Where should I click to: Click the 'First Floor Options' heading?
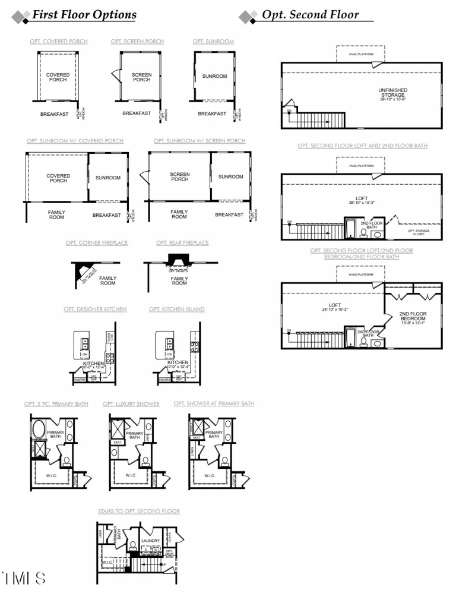coord(84,15)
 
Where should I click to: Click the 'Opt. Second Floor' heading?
coord(310,15)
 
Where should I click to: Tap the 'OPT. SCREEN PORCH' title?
coord(137,42)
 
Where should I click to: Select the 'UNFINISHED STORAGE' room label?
coord(392,93)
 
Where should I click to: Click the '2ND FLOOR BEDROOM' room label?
coord(413,317)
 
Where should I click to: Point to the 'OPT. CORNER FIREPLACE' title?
coord(97,243)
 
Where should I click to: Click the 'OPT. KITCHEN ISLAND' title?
coord(177,310)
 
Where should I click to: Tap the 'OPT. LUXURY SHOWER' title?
coord(131,404)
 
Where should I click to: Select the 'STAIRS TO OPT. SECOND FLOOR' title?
coord(139,512)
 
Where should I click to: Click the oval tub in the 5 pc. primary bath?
coord(38,428)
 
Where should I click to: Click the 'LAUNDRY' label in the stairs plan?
coord(151,541)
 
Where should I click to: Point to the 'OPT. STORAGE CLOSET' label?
coord(419,232)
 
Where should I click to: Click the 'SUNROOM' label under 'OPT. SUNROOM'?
coord(214,77)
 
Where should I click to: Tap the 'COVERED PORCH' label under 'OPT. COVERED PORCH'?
coord(58,77)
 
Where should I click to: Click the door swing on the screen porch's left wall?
coord(116,75)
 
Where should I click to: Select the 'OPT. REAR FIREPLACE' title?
coord(182,243)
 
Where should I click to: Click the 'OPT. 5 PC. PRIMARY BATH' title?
coord(56,404)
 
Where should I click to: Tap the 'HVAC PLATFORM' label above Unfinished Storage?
coord(361,55)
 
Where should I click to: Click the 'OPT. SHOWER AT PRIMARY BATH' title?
coord(214,403)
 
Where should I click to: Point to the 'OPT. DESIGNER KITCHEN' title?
coord(95,310)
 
